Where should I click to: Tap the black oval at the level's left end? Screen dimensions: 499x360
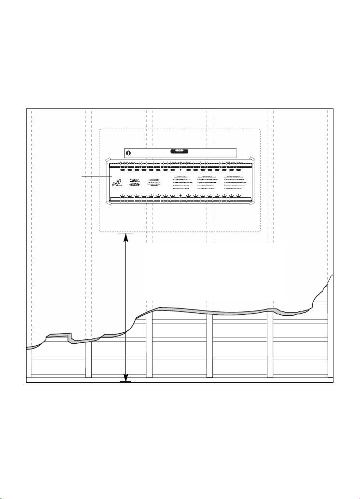tap(129, 153)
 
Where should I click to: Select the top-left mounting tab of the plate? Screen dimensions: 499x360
tap(108, 159)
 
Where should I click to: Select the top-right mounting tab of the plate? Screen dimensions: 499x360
tap(251, 158)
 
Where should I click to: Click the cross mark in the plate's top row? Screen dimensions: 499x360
tap(180, 170)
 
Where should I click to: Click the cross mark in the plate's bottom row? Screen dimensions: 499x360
tap(180, 196)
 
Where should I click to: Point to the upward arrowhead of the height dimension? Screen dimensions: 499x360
tap(125, 238)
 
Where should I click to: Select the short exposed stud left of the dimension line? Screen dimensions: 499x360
tap(88, 359)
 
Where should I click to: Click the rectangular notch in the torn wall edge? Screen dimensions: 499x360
tap(60, 335)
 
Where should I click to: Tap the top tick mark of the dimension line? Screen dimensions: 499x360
tap(125, 233)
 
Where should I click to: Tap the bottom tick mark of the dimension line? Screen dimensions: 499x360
tap(125, 381)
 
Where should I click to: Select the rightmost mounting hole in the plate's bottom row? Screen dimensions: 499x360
tap(238, 196)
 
